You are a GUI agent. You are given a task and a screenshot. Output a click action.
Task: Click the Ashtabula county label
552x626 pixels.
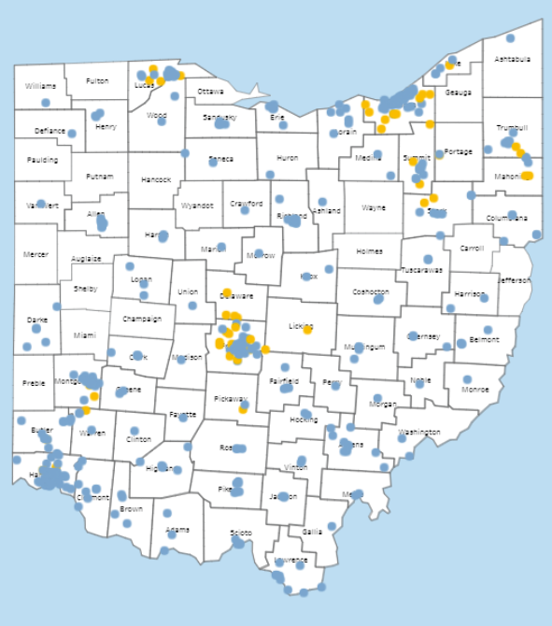tap(512, 59)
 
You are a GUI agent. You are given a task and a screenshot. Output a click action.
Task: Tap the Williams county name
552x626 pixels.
tap(40, 86)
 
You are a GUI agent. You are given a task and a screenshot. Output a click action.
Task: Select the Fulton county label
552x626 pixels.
tap(97, 81)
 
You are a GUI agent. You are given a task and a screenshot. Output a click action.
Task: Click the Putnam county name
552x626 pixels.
tap(99, 176)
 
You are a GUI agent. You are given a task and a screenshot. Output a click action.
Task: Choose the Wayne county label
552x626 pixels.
tap(374, 207)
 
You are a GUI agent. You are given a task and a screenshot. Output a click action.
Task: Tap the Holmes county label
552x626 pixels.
tap(369, 250)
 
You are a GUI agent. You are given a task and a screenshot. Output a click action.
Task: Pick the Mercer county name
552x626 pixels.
tap(35, 253)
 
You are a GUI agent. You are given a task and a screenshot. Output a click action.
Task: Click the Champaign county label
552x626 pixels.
tap(141, 319)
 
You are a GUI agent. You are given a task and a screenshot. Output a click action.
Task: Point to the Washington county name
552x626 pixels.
tap(418, 433)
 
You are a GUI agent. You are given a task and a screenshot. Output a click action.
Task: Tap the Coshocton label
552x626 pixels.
tap(371, 292)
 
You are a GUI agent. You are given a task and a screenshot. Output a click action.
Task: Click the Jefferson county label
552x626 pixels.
tap(514, 279)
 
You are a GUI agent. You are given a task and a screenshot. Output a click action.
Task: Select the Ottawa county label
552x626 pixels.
tap(210, 92)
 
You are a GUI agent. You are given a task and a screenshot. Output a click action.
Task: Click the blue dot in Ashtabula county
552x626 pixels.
tap(510, 38)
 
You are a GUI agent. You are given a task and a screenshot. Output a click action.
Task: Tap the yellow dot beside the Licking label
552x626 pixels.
tap(307, 330)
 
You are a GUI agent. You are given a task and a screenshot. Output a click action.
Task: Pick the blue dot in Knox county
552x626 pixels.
tap(329, 269)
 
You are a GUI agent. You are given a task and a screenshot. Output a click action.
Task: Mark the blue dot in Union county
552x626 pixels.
tap(192, 305)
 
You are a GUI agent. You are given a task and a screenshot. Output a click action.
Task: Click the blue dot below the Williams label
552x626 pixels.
tap(45, 103)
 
